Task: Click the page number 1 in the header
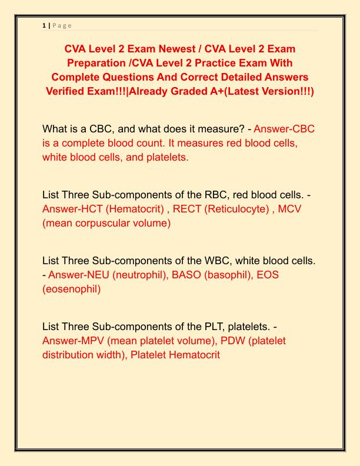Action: point(44,25)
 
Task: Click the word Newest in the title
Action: point(172,48)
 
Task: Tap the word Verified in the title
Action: point(69,91)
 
